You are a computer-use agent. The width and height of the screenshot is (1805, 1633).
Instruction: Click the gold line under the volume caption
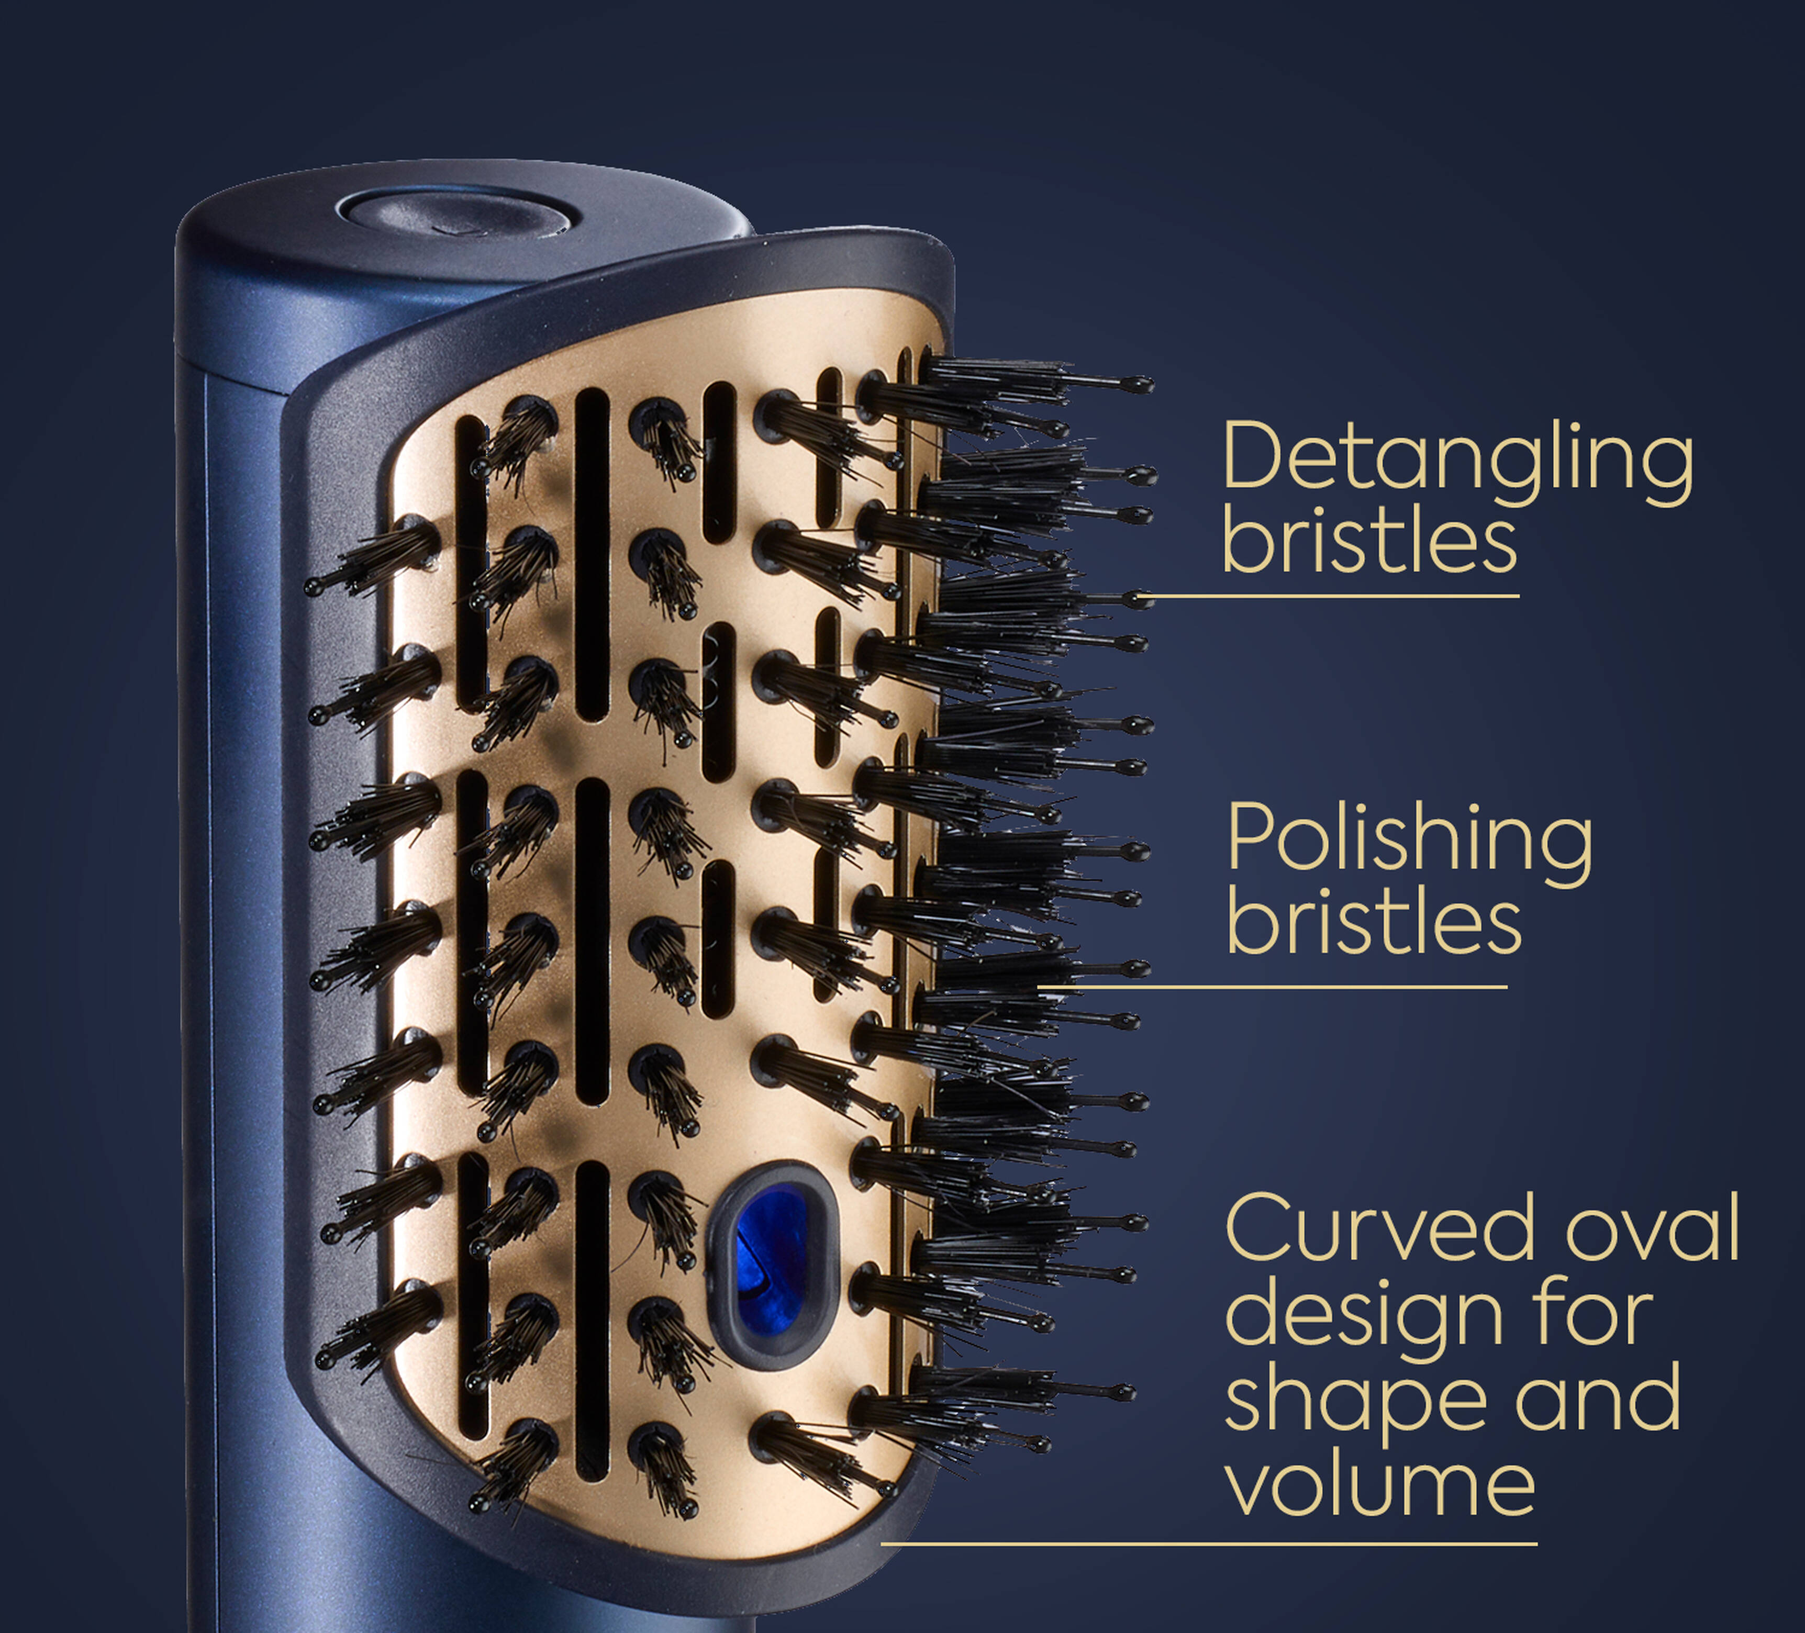[x=1209, y=1543]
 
